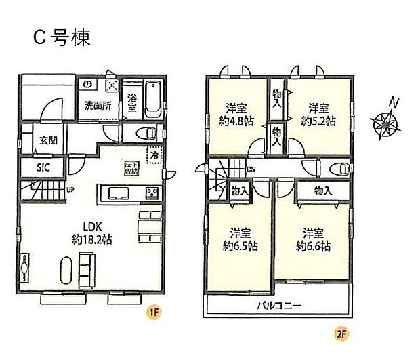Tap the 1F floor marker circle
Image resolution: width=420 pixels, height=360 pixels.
154,313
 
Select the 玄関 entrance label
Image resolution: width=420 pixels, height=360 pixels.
48,141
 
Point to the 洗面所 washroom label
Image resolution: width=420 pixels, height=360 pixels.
97,106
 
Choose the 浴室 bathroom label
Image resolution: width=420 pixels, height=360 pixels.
133,102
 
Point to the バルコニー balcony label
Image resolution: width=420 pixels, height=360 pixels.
278,306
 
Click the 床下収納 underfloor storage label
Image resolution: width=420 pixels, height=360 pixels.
130,167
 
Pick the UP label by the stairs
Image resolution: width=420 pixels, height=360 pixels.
69,189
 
